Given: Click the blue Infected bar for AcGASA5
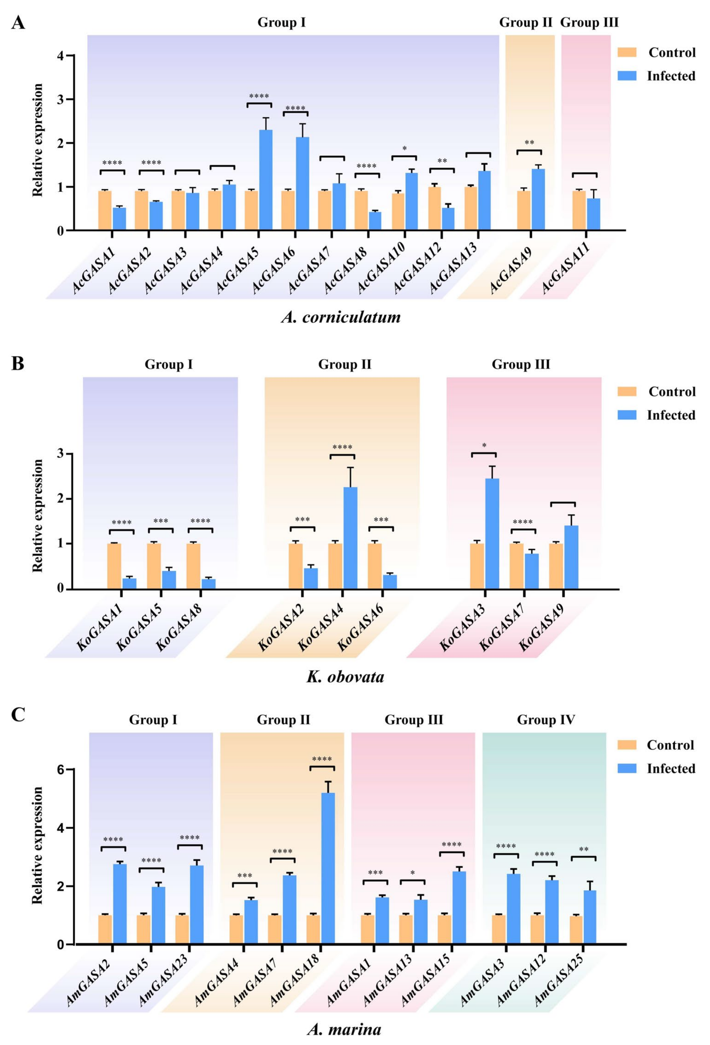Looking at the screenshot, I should (265, 180).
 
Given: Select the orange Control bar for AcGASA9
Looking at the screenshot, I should (523, 210).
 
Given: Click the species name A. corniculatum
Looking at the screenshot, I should (341, 317).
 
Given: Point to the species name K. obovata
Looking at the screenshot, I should (345, 676).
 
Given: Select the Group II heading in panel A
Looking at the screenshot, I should (525, 22).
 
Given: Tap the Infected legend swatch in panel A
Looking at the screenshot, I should (627, 76).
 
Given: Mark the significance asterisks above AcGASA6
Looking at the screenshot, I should (295, 108).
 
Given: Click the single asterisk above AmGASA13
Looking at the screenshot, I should (412, 873).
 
